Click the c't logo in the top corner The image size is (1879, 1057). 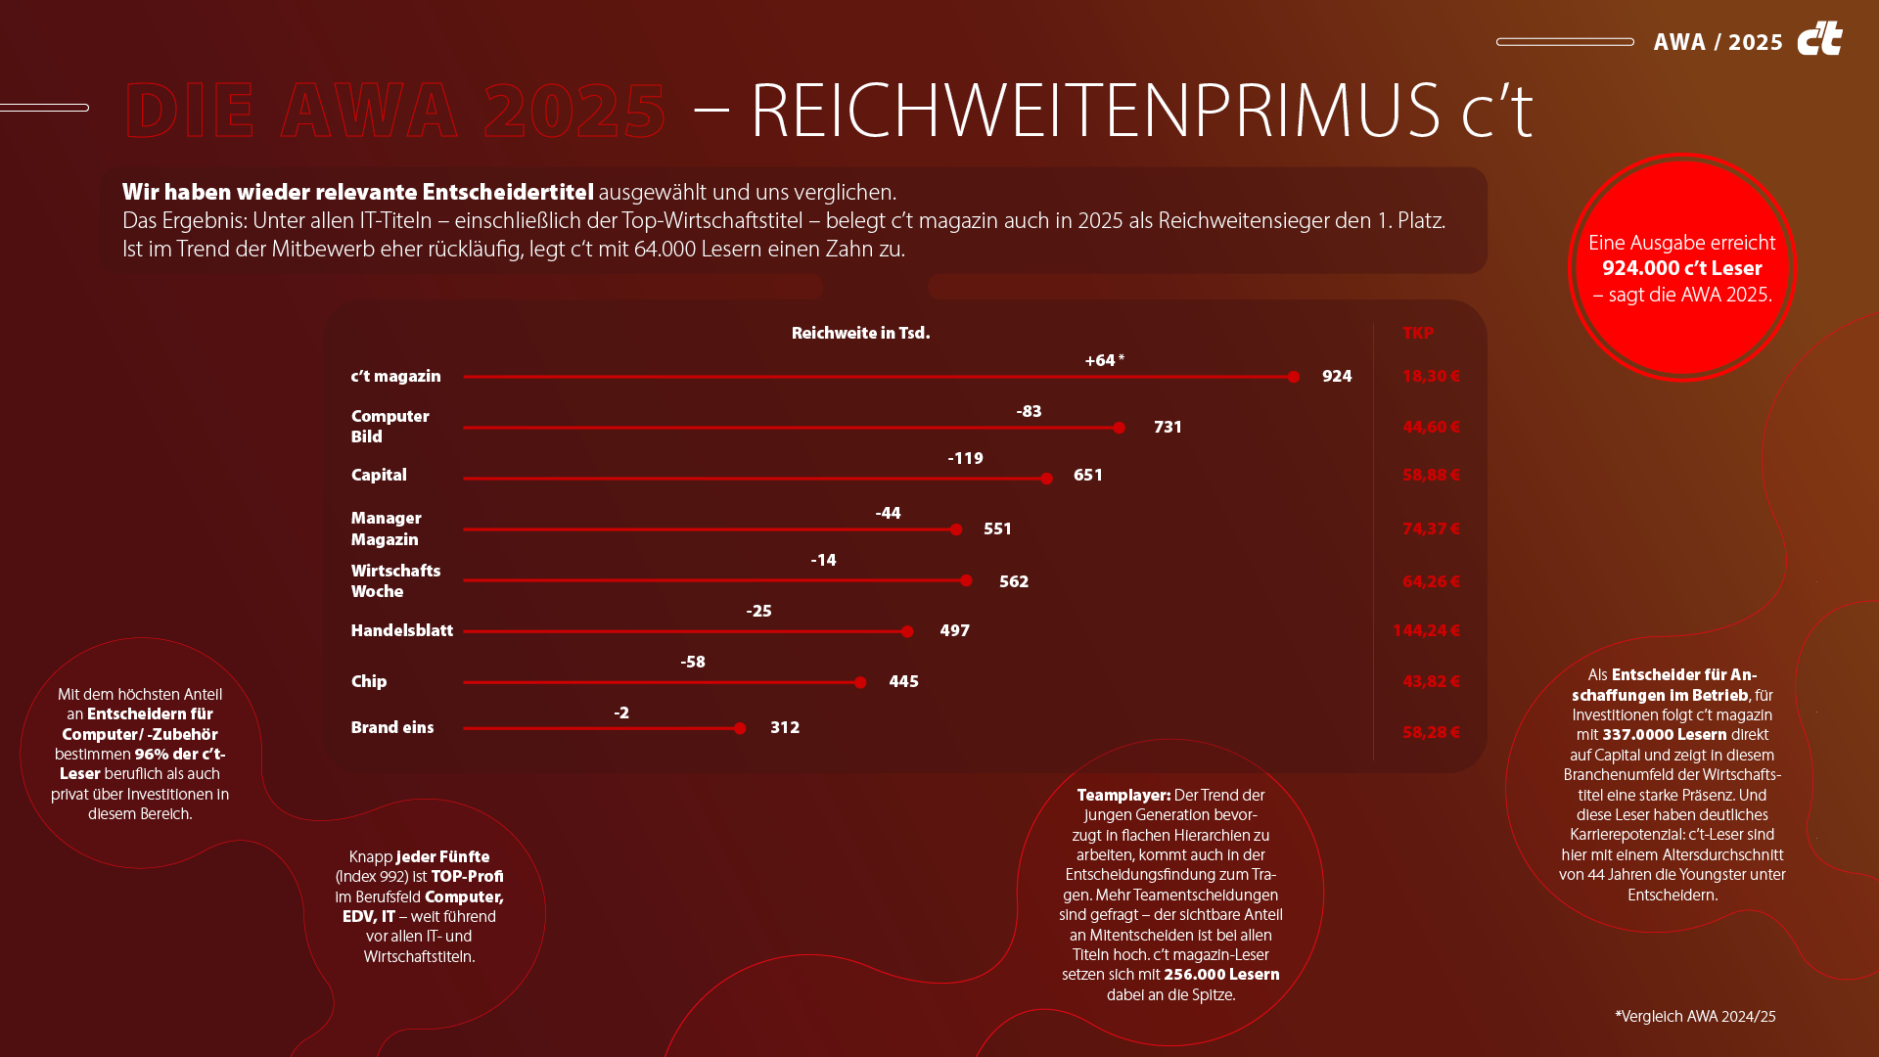coord(1819,39)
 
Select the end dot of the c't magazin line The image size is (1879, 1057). coord(1294,377)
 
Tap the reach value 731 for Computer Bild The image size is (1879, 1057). coord(1168,427)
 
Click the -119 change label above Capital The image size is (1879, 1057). coord(965,458)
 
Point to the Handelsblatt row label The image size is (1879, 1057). coord(401,630)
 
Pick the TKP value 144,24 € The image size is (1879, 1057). coord(1426,630)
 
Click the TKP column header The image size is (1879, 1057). coord(1417,333)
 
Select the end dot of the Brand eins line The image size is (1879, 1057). coord(740,728)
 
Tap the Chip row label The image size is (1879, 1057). coord(369,681)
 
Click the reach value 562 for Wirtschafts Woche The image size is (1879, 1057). coord(1013,581)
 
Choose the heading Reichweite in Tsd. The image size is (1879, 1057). coord(860,333)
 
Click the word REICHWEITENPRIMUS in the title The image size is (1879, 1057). coord(1094,110)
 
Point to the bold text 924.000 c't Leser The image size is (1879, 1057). coord(1681,268)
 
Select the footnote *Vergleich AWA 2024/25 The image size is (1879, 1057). coord(1695,1016)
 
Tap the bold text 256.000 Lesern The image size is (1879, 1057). coord(1220,974)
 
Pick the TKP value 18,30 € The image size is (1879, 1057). coord(1430,376)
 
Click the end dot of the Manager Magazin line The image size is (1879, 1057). coord(956,529)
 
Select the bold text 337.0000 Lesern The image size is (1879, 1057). coord(1664,734)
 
